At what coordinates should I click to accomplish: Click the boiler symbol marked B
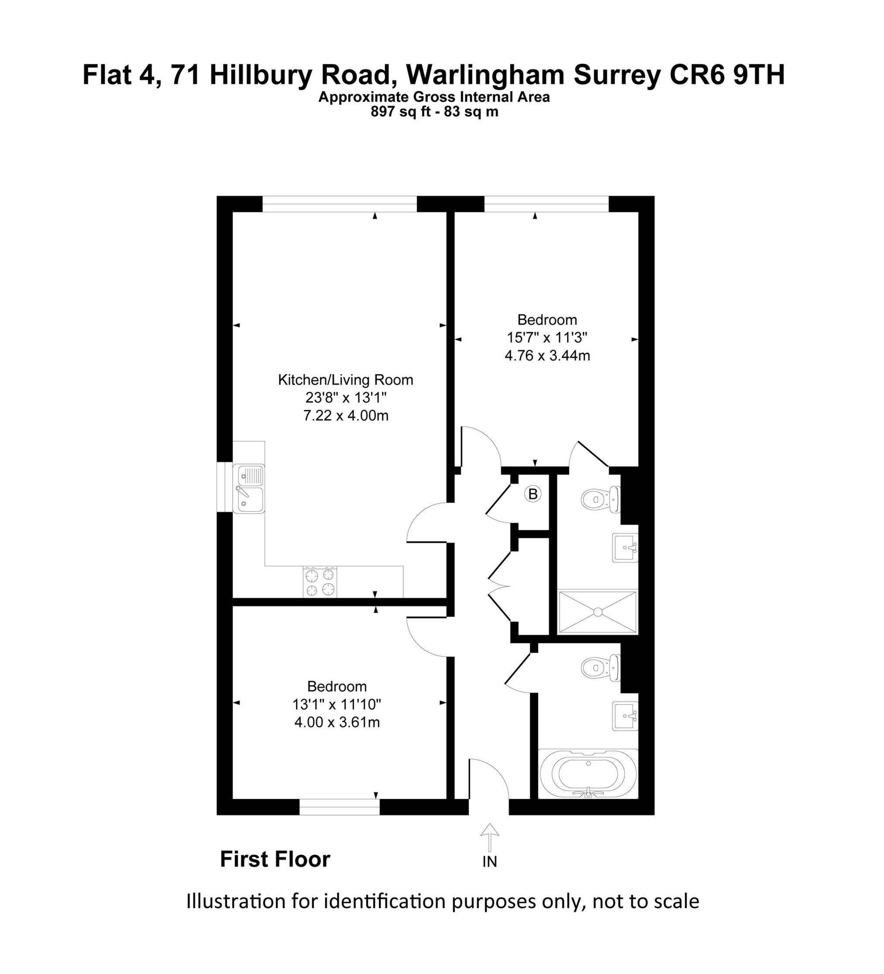533,494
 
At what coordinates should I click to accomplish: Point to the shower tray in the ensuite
598,612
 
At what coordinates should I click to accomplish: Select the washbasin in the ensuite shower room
626,547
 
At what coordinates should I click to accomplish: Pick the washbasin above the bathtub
626,716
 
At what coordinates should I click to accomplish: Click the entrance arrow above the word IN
490,837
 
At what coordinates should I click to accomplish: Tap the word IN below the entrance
490,861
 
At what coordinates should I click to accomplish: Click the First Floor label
275,860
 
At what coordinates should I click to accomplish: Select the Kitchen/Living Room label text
345,380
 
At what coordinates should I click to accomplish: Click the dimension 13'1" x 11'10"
337,704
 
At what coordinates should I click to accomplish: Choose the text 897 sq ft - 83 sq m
434,112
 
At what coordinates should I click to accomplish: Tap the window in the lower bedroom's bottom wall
340,806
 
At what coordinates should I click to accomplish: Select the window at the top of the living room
340,204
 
